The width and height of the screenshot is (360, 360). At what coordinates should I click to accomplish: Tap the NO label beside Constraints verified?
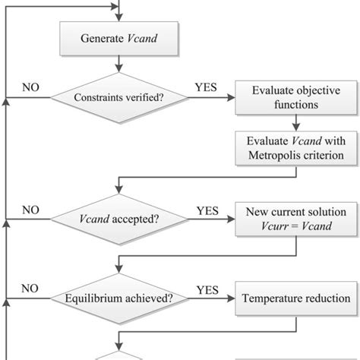30,87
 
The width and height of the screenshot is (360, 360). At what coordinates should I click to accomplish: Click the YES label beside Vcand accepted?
207,210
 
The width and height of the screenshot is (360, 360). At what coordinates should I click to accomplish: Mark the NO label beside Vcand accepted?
30,210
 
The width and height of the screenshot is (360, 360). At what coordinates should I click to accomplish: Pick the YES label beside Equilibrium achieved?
207,289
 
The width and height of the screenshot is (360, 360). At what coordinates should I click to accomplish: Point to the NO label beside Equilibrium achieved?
30,289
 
